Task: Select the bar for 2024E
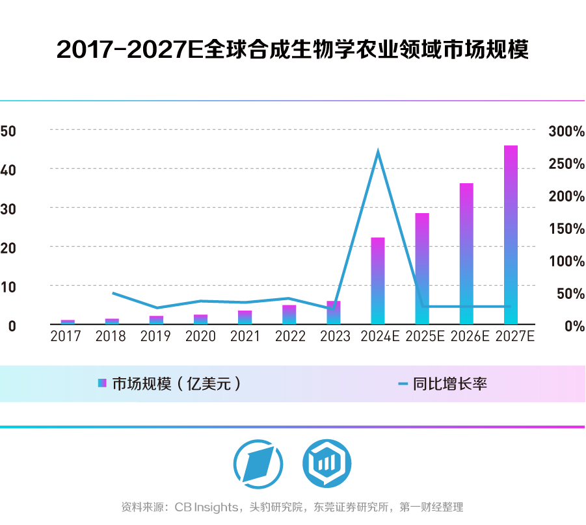[x=378, y=281]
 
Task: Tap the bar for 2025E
[x=422, y=268]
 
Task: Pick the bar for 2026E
[x=466, y=253]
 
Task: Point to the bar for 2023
[x=334, y=313]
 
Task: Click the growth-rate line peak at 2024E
[x=378, y=151]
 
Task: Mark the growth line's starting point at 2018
[x=113, y=293]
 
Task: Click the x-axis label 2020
[x=200, y=337]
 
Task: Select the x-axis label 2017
[x=66, y=337]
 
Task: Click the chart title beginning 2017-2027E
[x=293, y=50]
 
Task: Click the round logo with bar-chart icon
[x=326, y=463]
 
